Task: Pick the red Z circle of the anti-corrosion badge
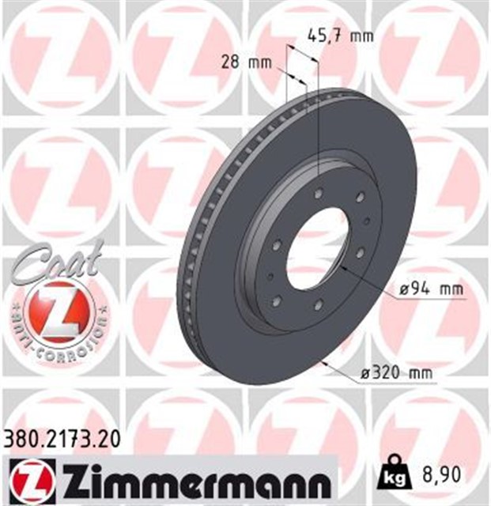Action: click(59, 307)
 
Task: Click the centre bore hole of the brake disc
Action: click(316, 245)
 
